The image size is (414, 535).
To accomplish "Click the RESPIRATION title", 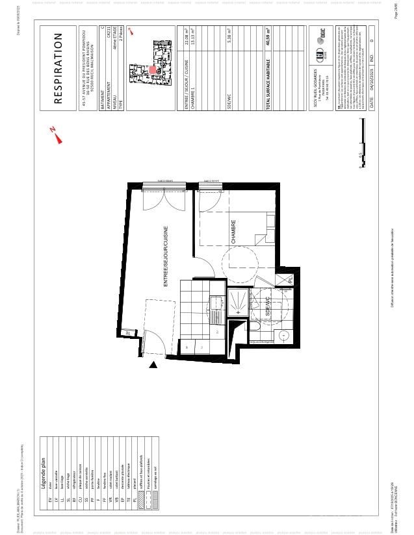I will click(x=57, y=69).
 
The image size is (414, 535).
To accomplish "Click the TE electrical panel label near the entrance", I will click(x=129, y=332).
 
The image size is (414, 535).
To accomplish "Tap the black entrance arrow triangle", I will click(x=153, y=366).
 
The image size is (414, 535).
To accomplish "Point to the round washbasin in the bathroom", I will click(x=284, y=335).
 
